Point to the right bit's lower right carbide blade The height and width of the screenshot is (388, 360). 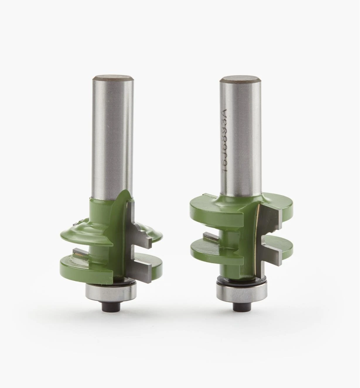271,255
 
